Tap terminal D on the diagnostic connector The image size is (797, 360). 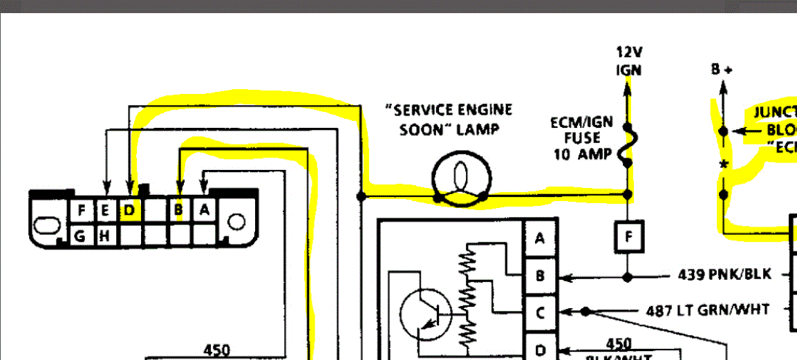pyautogui.click(x=129, y=210)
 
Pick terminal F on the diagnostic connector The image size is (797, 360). pyautogui.click(x=82, y=210)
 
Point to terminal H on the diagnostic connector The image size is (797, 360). pyautogui.click(x=104, y=236)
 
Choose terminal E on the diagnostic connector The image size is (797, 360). pyautogui.click(x=105, y=210)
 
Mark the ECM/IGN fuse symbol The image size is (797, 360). pyautogui.click(x=628, y=146)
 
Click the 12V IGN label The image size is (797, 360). pyautogui.click(x=628, y=61)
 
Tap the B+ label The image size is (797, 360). pyautogui.click(x=722, y=69)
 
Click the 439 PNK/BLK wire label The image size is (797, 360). pyautogui.click(x=724, y=275)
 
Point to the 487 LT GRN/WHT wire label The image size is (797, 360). pyautogui.click(x=707, y=310)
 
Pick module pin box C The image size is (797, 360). pyautogui.click(x=540, y=312)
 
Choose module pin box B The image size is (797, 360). pyautogui.click(x=540, y=276)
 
